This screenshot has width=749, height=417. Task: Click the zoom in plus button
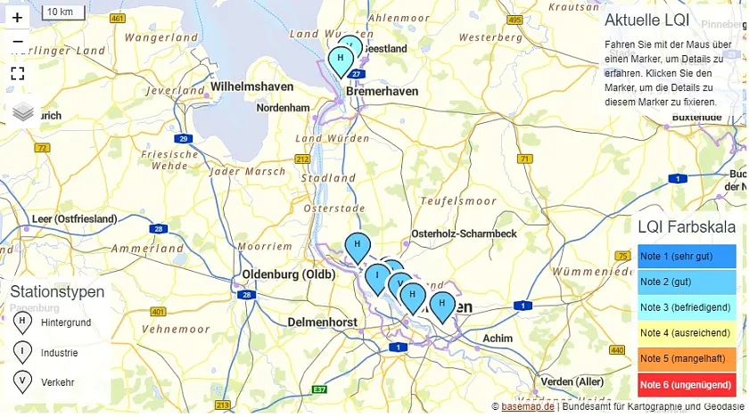click(x=17, y=17)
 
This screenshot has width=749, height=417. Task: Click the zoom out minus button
click(x=17, y=42)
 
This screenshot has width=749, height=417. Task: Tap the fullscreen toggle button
click(x=17, y=73)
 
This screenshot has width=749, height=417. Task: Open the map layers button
click(x=22, y=111)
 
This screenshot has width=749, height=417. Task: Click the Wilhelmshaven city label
click(x=251, y=86)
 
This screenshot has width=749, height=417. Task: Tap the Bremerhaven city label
click(x=383, y=92)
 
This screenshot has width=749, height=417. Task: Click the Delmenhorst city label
click(x=322, y=322)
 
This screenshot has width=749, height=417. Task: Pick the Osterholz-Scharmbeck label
click(x=464, y=233)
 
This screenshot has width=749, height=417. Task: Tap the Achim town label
click(x=498, y=339)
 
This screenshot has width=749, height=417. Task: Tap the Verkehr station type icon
click(x=20, y=382)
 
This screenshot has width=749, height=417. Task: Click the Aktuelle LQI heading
click(x=646, y=20)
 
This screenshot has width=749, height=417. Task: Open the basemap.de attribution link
click(x=528, y=406)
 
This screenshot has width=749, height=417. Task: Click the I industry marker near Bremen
click(x=377, y=276)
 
